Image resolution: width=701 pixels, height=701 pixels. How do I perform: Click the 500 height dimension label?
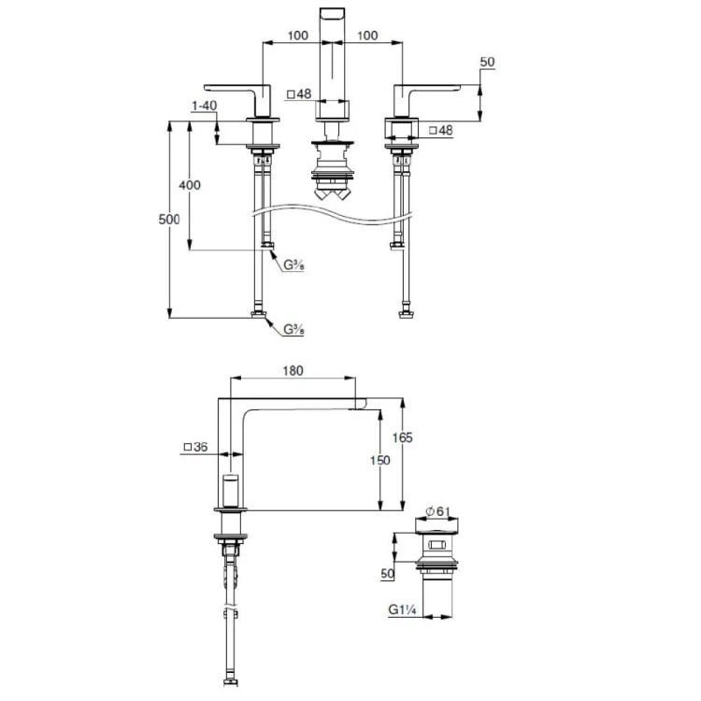click(169, 220)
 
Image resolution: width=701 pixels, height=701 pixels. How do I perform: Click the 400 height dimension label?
click(190, 185)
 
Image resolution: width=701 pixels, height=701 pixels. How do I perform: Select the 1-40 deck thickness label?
click(204, 106)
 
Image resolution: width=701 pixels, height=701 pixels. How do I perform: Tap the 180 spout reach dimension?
click(293, 371)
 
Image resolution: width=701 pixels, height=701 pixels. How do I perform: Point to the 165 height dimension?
click(402, 437)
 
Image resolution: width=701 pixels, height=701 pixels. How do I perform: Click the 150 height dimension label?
click(380, 460)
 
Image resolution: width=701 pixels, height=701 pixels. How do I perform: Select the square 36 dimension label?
click(196, 447)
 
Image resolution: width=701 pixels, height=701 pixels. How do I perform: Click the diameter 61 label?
click(437, 511)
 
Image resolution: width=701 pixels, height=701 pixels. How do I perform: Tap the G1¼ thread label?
click(402, 609)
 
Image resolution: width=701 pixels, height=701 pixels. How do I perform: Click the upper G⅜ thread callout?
click(293, 265)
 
